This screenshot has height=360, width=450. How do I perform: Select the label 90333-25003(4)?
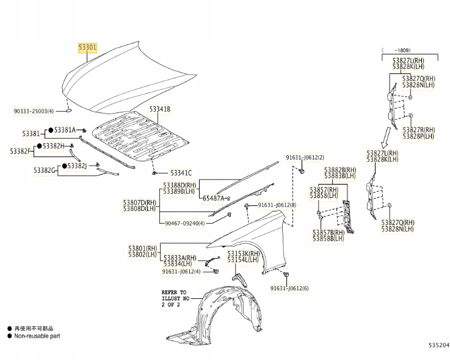coord(34,111)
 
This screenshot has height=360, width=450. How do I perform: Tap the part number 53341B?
coord(160,109)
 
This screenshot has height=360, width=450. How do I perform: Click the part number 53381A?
coord(65,130)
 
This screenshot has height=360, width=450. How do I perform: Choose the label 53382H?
coord(54,146)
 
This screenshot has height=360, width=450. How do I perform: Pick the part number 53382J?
coord(78,166)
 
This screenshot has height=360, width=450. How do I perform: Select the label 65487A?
coord(213,198)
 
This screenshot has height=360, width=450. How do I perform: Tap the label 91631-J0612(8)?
coord(277,205)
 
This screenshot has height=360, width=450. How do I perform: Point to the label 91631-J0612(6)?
coord(289,288)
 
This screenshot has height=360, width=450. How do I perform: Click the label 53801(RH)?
coord(143,248)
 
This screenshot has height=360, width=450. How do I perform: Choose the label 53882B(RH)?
coord(340,169)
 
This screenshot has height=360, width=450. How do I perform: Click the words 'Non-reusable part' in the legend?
coord(37,336)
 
